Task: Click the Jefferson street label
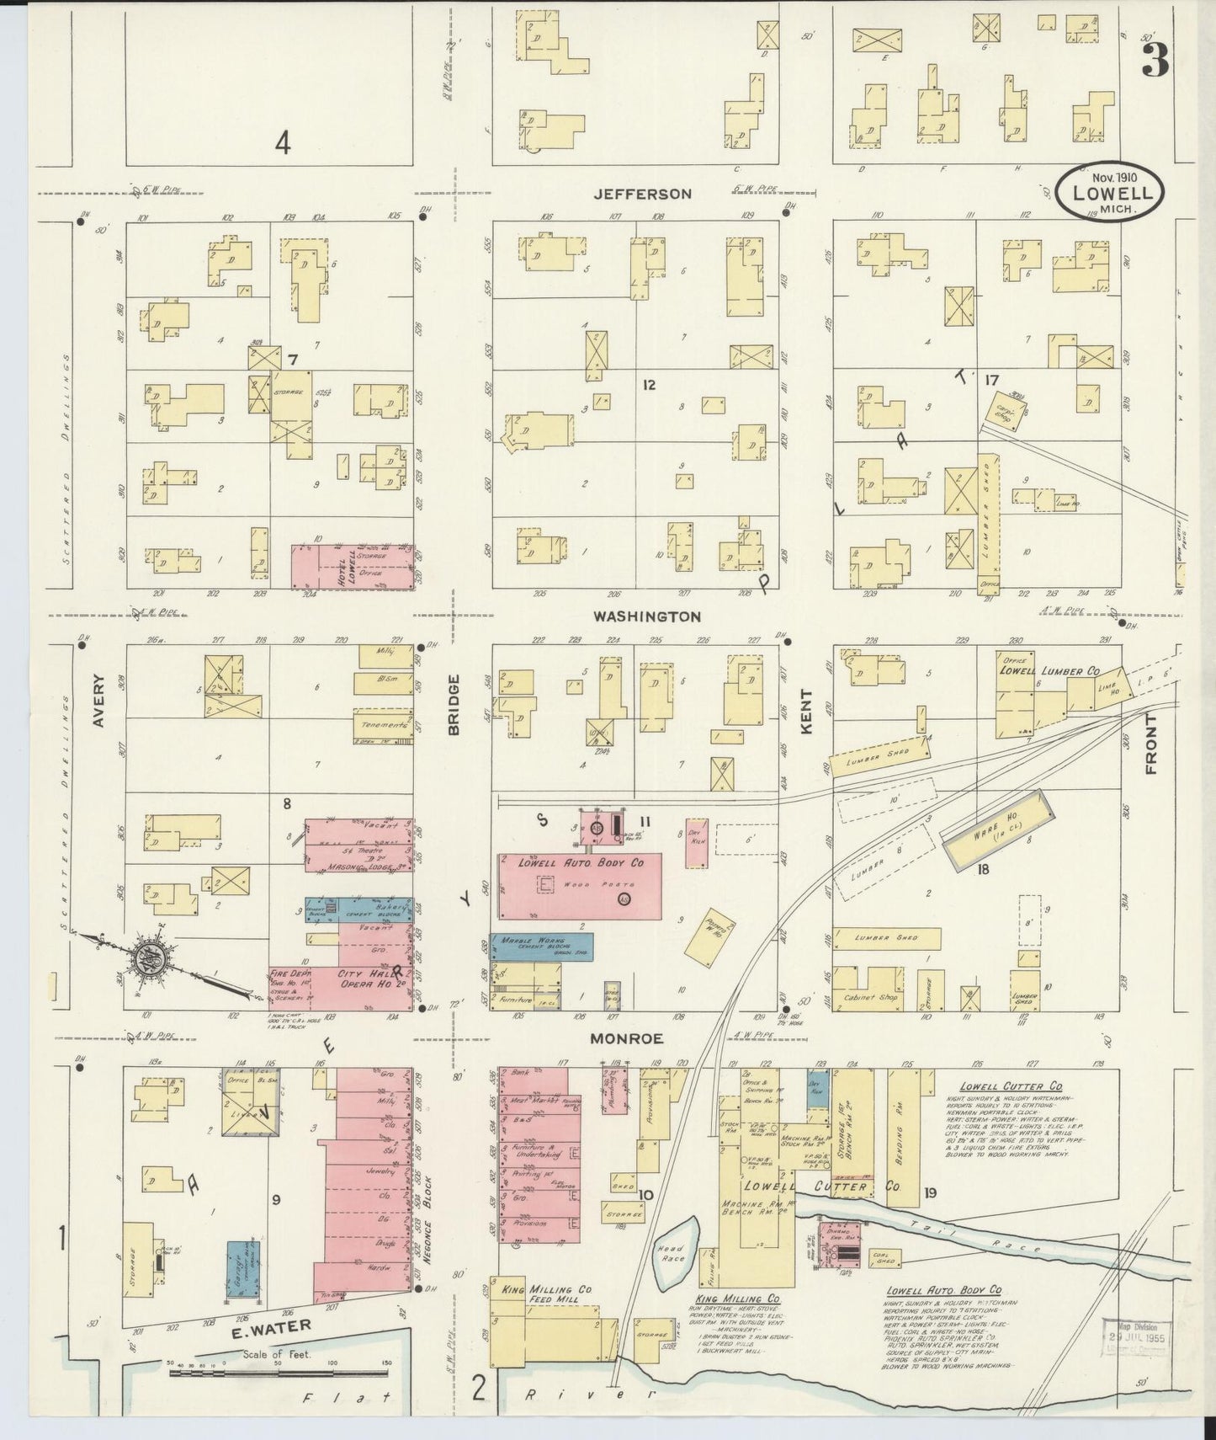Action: click(x=643, y=194)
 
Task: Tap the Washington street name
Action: click(x=646, y=616)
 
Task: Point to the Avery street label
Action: click(x=99, y=700)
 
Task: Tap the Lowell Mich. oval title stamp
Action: click(x=1111, y=192)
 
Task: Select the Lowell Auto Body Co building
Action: click(x=581, y=886)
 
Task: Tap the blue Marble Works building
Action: click(x=542, y=947)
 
